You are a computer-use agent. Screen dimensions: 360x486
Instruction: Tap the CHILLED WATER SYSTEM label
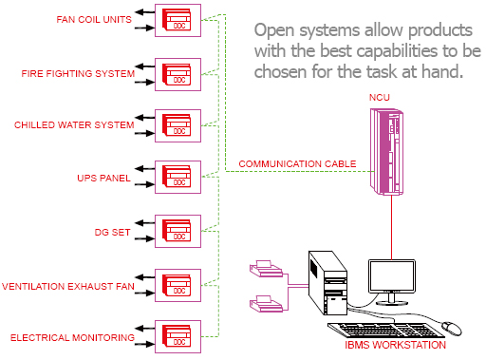tap(73, 124)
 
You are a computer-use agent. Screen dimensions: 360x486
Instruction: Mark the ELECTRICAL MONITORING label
tap(71, 337)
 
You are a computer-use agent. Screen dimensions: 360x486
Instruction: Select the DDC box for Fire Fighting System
tap(178, 72)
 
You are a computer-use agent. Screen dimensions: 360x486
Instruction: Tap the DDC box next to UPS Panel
tap(178, 177)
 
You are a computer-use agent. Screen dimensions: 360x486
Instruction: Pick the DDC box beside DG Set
tap(178, 231)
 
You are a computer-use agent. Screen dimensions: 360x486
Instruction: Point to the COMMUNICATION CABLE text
tap(297, 163)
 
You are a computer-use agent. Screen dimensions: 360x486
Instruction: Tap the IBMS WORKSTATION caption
tap(397, 345)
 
